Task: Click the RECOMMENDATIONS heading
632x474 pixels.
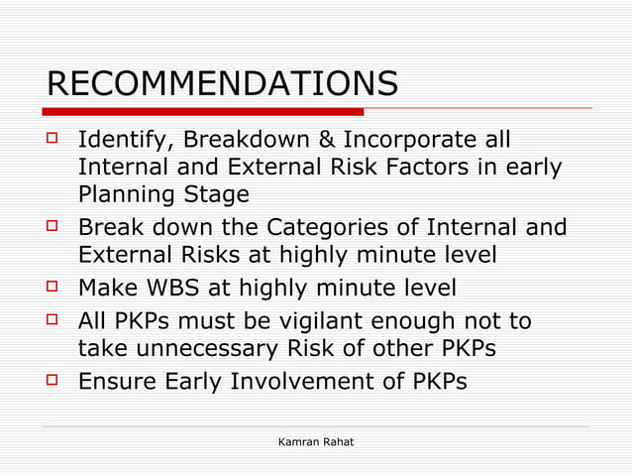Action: click(222, 83)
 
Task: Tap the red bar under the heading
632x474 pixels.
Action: click(205, 111)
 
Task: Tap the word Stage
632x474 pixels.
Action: click(214, 193)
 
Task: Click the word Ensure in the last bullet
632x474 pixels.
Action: click(118, 381)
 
